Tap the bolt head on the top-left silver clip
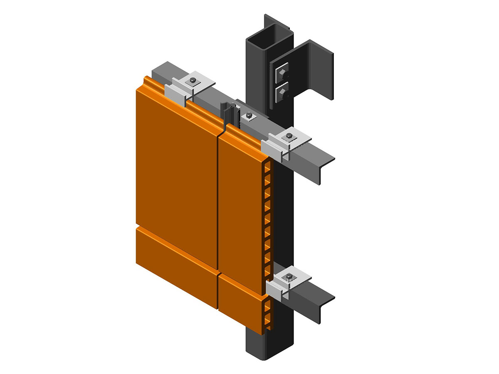193,80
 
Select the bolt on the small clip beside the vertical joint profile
249,116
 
